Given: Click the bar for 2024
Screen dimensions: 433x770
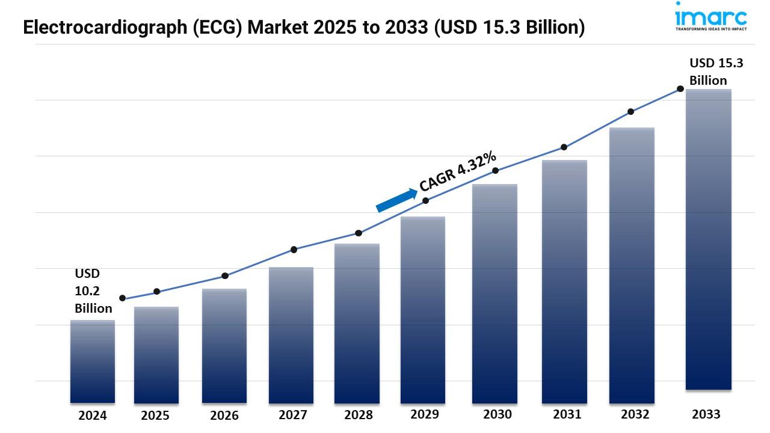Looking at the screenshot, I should pyautogui.click(x=93, y=361).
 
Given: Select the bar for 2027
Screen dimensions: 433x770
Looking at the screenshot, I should pyautogui.click(x=291, y=335).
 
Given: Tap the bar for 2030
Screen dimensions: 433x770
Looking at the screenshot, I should pyautogui.click(x=494, y=293).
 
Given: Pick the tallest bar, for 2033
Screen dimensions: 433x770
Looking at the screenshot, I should pyautogui.click(x=709, y=239).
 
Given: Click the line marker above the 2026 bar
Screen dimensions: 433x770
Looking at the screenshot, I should pyautogui.click(x=225, y=276).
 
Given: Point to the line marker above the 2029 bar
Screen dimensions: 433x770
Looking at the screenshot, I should pyautogui.click(x=426, y=200).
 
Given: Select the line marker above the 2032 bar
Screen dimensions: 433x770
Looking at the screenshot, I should pyautogui.click(x=631, y=112).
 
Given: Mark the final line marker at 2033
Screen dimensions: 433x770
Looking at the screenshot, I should pyautogui.click(x=680, y=89).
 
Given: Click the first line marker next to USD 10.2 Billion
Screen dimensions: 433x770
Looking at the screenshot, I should pyautogui.click(x=123, y=298).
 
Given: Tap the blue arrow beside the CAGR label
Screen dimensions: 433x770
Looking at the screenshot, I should pyautogui.click(x=396, y=200).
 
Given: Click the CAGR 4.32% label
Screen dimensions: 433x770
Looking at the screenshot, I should pyautogui.click(x=458, y=171).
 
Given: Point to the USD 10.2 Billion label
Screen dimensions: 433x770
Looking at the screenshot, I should pyautogui.click(x=93, y=291).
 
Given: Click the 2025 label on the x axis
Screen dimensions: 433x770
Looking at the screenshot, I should pyautogui.click(x=155, y=416).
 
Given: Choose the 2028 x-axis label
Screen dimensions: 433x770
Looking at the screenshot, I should pyautogui.click(x=359, y=415).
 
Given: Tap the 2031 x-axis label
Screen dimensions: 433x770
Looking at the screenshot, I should pyautogui.click(x=567, y=414).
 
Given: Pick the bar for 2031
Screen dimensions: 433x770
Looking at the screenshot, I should pyautogui.click(x=564, y=281).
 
